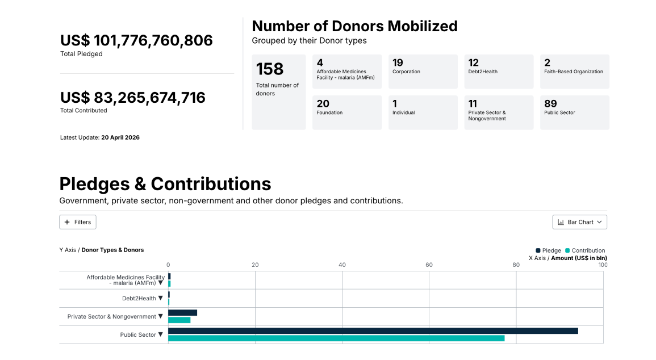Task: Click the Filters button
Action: pos(78,222)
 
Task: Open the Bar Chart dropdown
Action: pos(579,222)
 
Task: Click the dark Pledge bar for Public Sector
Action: pos(373,330)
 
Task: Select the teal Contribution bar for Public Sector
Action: pos(336,338)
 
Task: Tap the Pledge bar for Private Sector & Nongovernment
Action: pos(182,313)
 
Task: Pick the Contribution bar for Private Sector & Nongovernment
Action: pos(179,320)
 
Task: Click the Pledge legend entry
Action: pos(548,250)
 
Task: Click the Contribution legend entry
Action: pos(585,250)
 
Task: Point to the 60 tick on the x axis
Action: pos(429,265)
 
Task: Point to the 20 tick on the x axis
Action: pos(255,265)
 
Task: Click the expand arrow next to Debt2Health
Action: pos(160,298)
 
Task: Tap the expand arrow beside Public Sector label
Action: pos(160,334)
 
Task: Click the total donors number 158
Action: pos(270,69)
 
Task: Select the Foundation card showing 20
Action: pos(347,112)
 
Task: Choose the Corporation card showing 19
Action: pos(423,72)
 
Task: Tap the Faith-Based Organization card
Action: pos(574,72)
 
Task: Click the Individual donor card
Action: pos(423,112)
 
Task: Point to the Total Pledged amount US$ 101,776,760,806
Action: pos(136,40)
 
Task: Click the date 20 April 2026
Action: pos(120,137)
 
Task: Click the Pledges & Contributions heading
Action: pos(165,184)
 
